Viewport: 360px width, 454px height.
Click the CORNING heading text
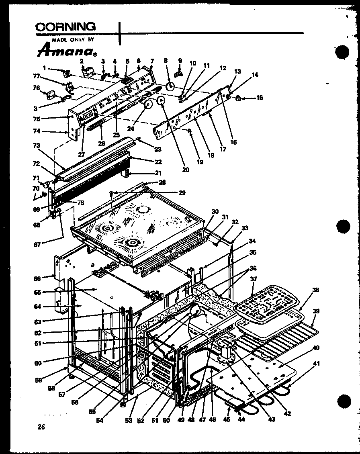click(x=66, y=27)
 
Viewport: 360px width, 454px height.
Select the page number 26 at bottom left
click(x=41, y=427)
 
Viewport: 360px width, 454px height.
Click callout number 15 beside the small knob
click(x=259, y=98)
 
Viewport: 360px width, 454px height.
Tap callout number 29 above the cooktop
click(x=182, y=193)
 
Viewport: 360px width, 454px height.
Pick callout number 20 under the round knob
click(x=185, y=170)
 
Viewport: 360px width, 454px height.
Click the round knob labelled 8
click(x=170, y=86)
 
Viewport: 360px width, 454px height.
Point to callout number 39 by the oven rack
click(x=317, y=311)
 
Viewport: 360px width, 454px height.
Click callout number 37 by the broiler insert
click(x=253, y=279)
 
